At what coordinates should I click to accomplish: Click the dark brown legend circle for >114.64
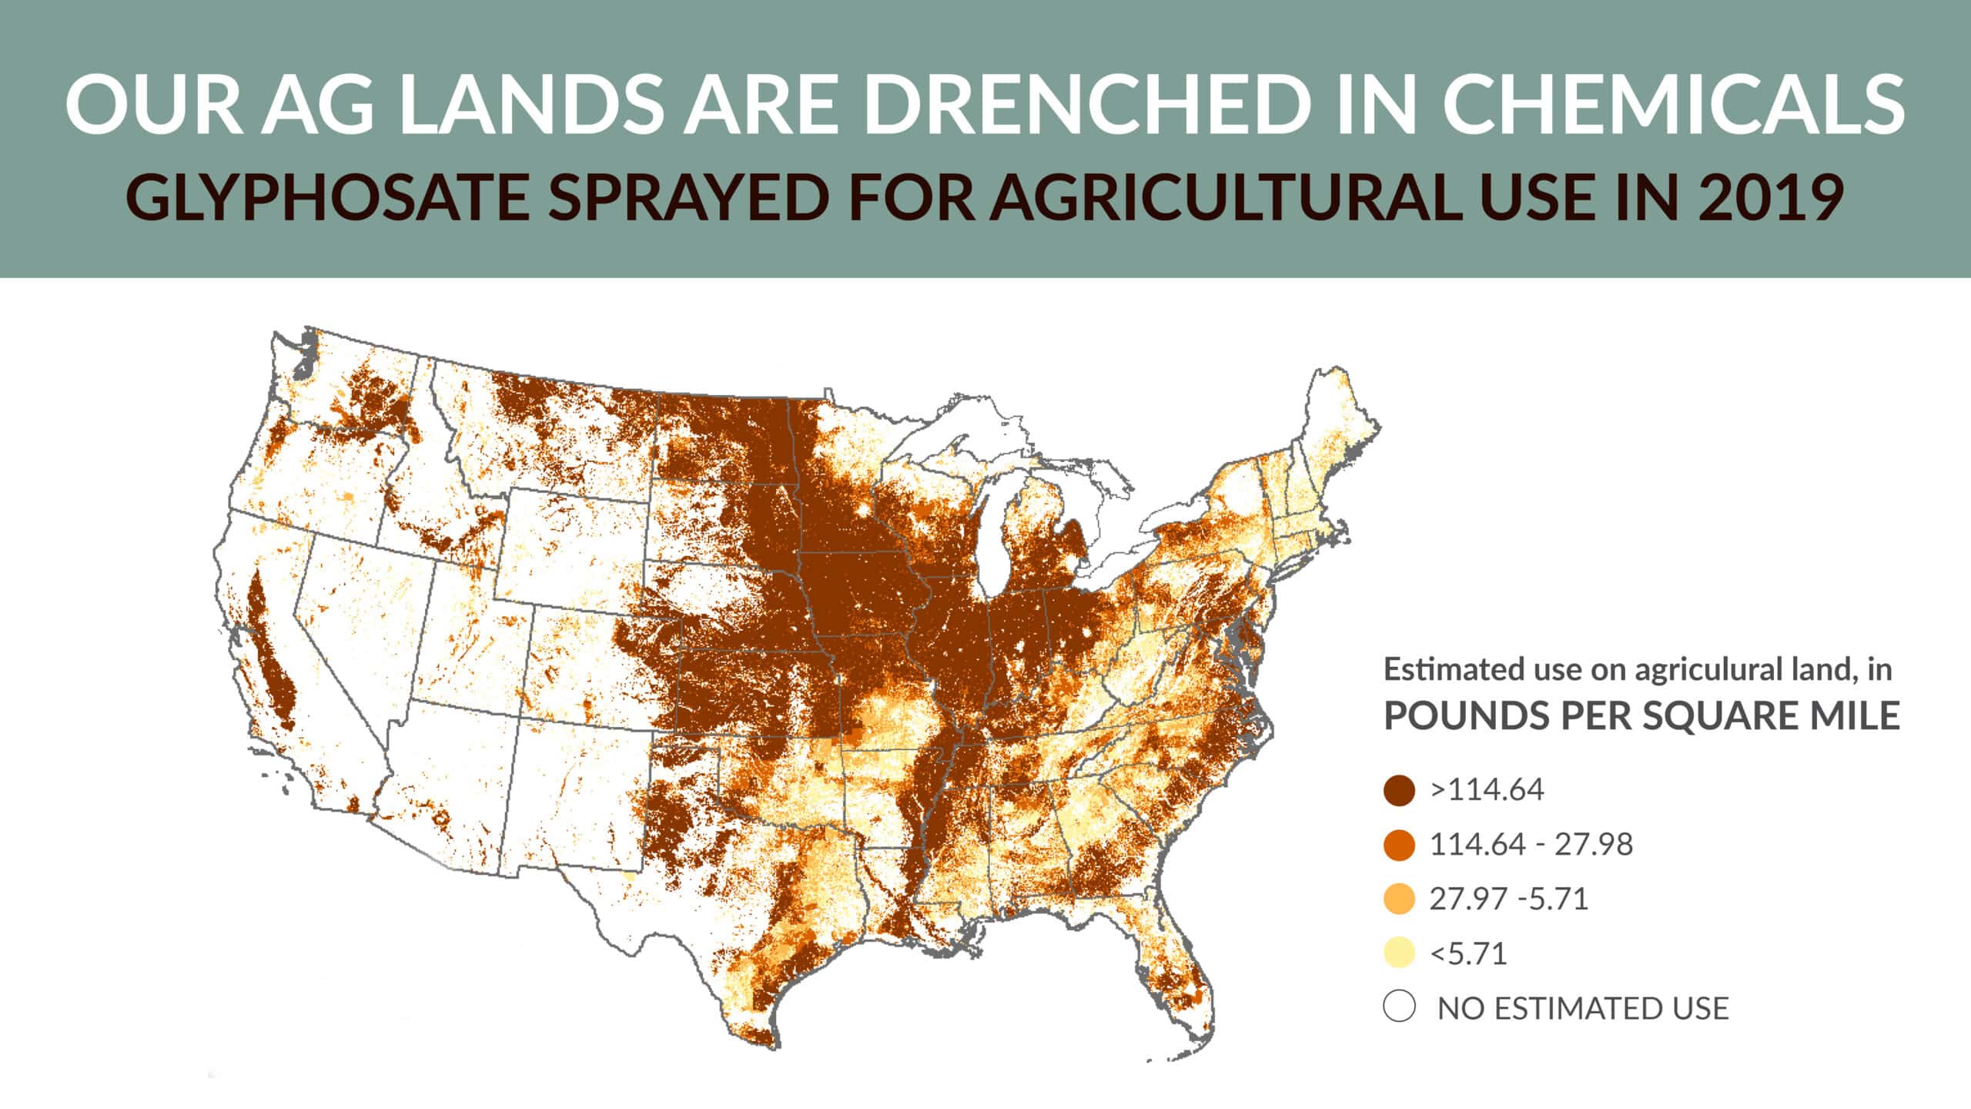tap(1399, 790)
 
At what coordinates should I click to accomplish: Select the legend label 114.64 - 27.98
tap(1531, 845)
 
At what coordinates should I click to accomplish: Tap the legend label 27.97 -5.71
tap(1508, 899)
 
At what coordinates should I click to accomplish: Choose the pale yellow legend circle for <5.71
tap(1399, 953)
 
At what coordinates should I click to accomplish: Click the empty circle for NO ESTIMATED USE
tap(1399, 1007)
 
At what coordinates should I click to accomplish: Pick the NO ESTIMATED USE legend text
tap(1583, 1008)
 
